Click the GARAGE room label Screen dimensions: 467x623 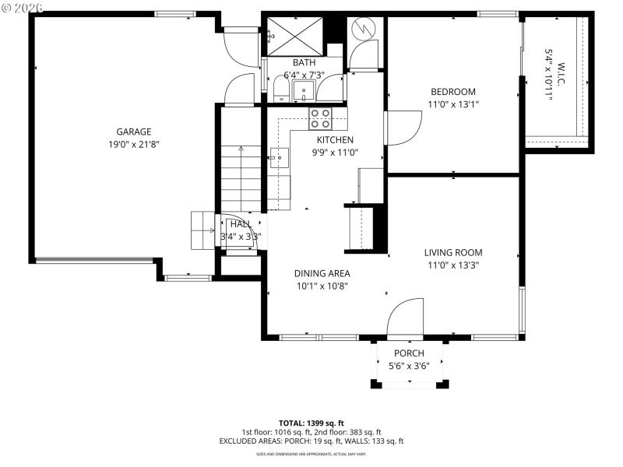pyautogui.click(x=134, y=132)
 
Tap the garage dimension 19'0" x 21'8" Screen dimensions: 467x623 pyautogui.click(x=134, y=145)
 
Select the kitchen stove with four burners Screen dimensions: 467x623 pyautogui.click(x=320, y=118)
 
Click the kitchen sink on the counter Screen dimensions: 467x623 pyautogui.click(x=278, y=158)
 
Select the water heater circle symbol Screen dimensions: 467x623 pyautogui.click(x=364, y=30)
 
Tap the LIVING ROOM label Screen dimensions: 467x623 pyautogui.click(x=452, y=252)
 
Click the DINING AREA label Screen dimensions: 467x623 pyautogui.click(x=322, y=273)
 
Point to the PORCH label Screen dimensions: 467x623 pyautogui.click(x=409, y=353)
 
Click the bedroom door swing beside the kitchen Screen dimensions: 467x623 pyautogui.click(x=400, y=128)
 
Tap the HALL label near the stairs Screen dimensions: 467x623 pyautogui.click(x=241, y=224)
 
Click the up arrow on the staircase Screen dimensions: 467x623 pyautogui.click(x=241, y=150)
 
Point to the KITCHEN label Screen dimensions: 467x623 pyautogui.click(x=335, y=140)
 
